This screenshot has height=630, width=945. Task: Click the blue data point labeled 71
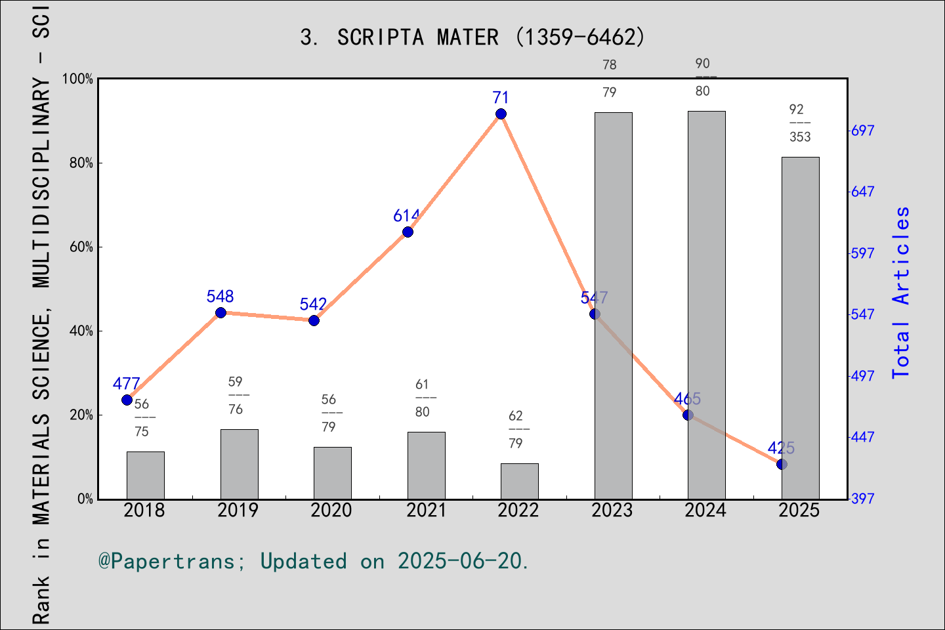click(x=501, y=114)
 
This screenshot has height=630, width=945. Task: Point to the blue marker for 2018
click(x=127, y=400)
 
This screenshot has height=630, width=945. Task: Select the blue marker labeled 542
click(x=314, y=320)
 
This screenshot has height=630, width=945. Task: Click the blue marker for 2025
click(x=782, y=464)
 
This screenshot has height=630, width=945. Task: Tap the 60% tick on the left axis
click(x=81, y=247)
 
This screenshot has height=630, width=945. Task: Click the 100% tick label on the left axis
click(x=78, y=79)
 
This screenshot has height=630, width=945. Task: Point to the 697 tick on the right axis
click(x=862, y=131)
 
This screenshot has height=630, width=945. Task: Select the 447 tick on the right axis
click(x=862, y=437)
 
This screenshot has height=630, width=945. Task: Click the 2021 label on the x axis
click(x=426, y=511)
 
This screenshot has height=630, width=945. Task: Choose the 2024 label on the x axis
click(x=705, y=511)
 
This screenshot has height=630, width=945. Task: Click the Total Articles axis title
click(x=901, y=292)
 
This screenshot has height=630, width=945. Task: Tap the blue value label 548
click(x=220, y=297)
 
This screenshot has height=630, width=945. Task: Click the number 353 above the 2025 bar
click(x=800, y=137)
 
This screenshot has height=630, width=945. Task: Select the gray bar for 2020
click(x=332, y=473)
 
